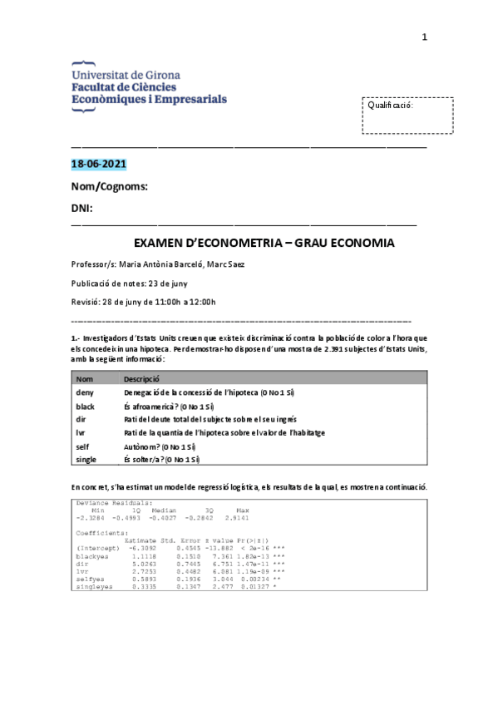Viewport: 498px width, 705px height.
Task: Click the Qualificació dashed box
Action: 408,116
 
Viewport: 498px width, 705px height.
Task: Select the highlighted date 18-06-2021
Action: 98,164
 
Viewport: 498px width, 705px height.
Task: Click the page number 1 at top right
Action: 424,37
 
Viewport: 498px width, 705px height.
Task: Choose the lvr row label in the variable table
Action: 80,432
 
